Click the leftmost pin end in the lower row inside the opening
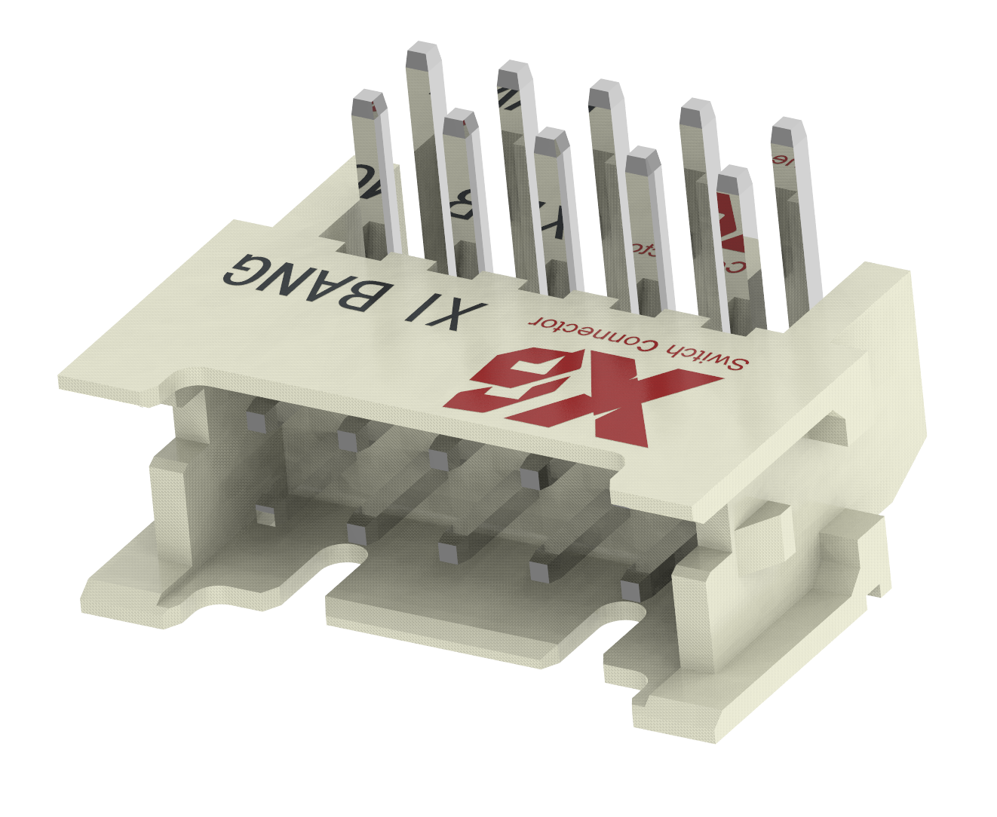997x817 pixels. (265, 516)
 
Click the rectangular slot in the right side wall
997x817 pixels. (826, 430)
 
